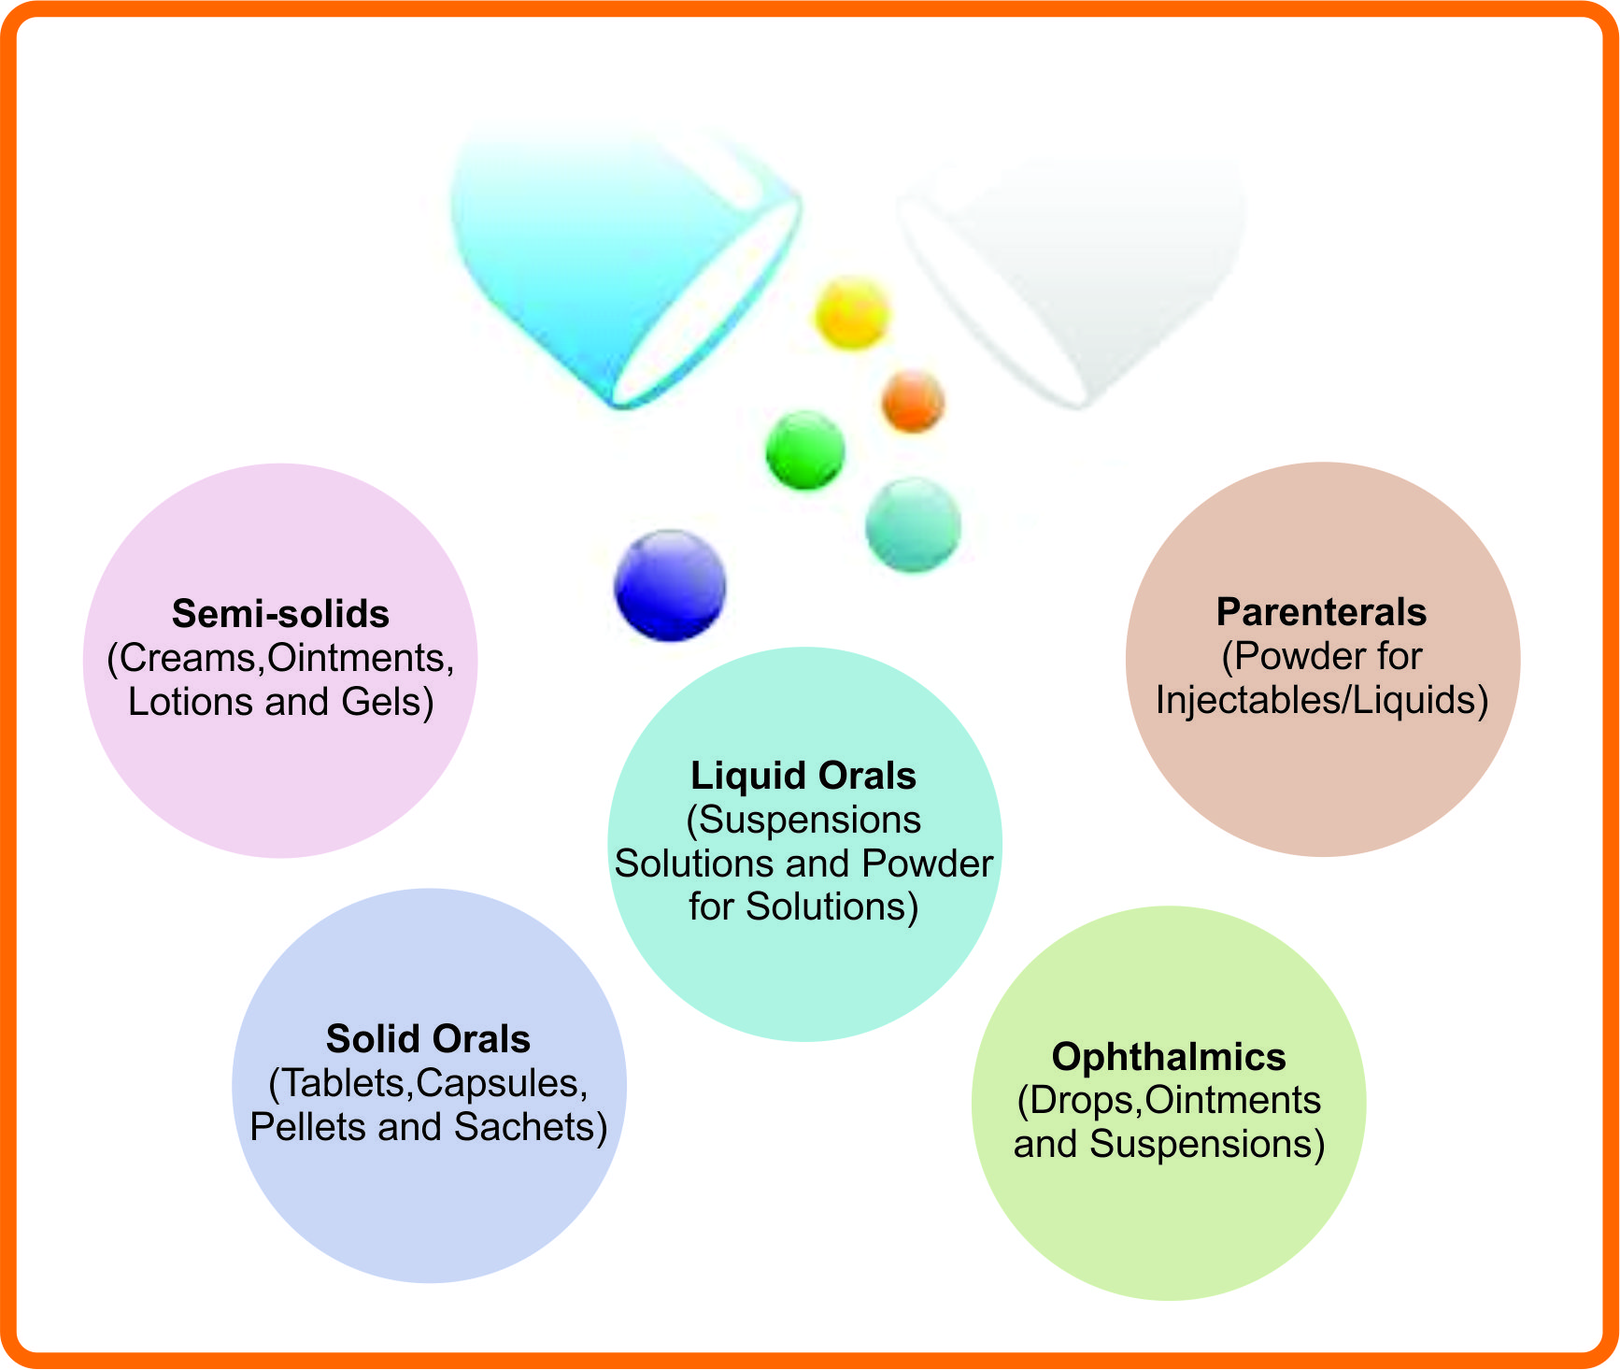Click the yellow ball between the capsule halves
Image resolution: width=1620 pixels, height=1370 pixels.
click(852, 313)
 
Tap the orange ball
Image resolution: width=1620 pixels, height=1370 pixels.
click(913, 401)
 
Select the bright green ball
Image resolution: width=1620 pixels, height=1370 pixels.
click(805, 450)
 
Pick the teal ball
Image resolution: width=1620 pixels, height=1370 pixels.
click(913, 524)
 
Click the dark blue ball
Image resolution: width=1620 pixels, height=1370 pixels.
click(670, 585)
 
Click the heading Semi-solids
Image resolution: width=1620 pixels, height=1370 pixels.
click(280, 614)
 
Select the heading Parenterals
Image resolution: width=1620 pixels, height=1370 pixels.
click(1321, 612)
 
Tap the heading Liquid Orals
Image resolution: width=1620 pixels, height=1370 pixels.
click(803, 776)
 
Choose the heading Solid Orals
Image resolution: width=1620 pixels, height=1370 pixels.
click(428, 1039)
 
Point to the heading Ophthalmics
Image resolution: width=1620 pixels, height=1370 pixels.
click(1169, 1057)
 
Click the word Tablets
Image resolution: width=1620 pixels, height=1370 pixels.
click(342, 1084)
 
